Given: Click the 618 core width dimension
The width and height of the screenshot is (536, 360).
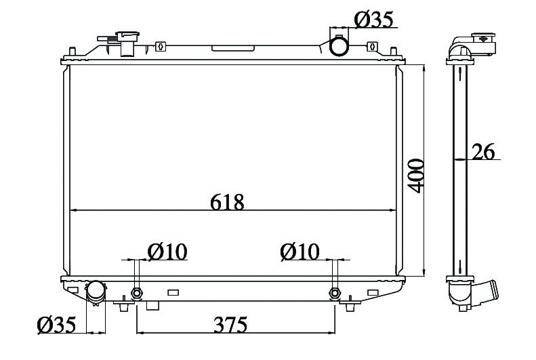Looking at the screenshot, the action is coord(227,202).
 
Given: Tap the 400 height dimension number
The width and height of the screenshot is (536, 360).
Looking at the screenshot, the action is coord(416,176).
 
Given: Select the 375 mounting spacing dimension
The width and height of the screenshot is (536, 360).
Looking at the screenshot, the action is coord(230,325).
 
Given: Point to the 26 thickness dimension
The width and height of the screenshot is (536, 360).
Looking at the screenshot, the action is coord(483,152).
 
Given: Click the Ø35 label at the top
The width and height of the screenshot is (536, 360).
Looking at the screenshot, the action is coord(373,20).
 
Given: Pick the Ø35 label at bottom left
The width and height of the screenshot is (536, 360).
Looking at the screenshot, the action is coord(56,325).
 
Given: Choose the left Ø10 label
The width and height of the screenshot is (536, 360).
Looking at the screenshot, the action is coord(167,252).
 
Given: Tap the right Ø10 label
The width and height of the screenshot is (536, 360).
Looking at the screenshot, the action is coord(300,252).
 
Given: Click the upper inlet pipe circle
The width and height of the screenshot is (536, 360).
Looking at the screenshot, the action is coord(339,47).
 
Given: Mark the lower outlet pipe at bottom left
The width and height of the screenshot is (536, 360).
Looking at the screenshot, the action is coord(96,292).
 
